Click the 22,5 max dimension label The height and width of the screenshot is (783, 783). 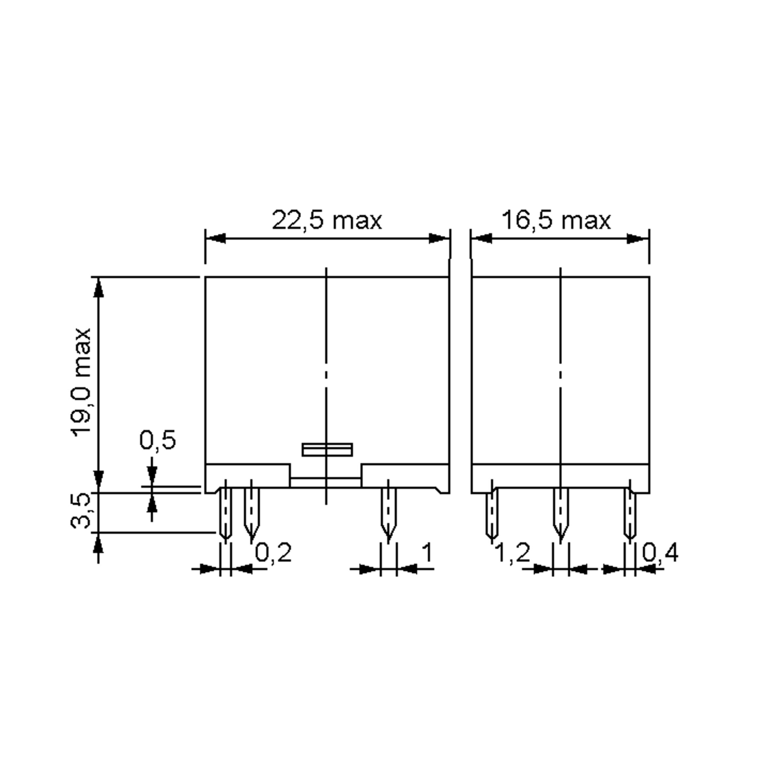327,221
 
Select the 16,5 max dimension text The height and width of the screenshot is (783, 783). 556,221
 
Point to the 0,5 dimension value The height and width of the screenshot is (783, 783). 158,440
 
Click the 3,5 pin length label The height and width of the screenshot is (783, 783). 81,511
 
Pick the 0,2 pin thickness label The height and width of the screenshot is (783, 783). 273,552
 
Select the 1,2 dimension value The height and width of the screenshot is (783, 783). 513,552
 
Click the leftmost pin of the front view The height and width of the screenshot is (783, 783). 225,513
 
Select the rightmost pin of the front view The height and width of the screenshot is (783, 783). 388,513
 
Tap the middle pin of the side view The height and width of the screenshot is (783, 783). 560,513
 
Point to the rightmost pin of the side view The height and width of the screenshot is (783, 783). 629,513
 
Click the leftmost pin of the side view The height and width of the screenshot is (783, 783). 492,513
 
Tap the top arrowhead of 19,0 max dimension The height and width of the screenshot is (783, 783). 99,288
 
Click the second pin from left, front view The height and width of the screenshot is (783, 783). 251,513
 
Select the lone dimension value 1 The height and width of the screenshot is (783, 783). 427,552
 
